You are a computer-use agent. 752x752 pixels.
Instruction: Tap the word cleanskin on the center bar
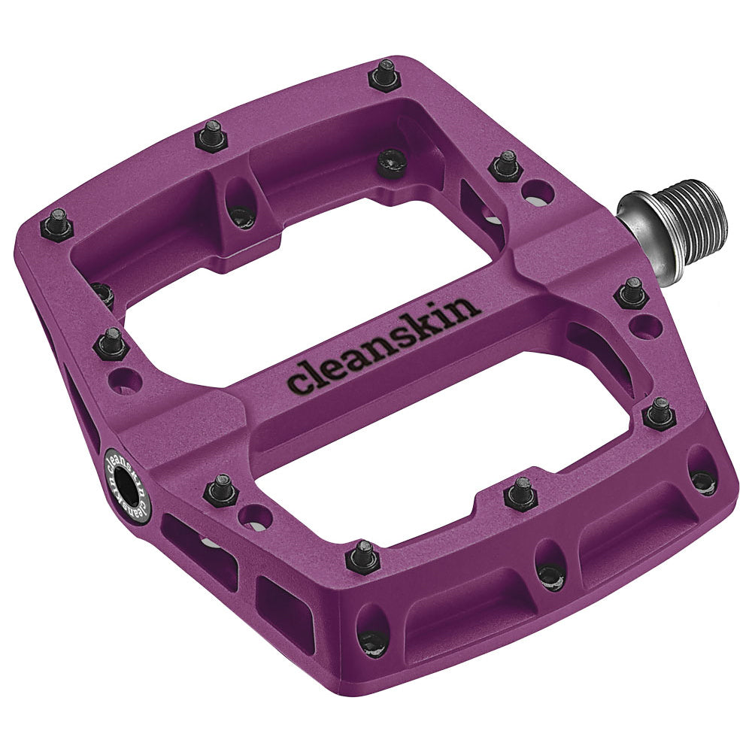384,345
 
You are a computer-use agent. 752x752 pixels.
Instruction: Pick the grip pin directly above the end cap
111,343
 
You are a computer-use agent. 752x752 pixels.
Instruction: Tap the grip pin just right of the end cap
222,490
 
